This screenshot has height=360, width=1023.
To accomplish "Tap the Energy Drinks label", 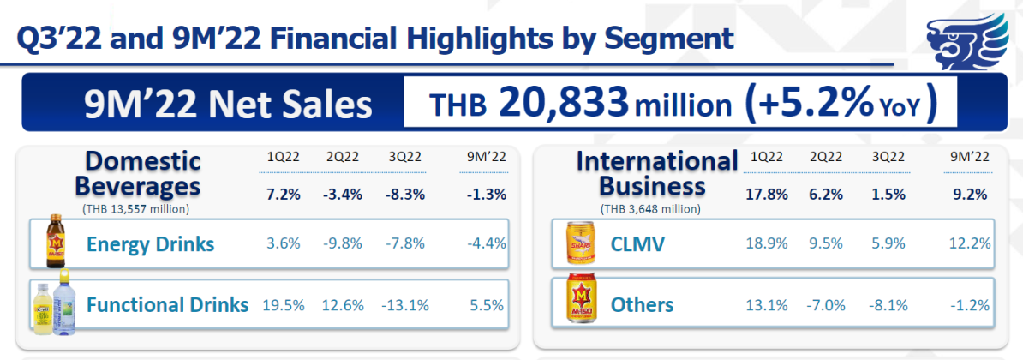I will tap(150, 245).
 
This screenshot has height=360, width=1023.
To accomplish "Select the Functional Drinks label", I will tap(167, 304).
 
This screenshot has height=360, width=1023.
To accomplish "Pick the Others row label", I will tap(642, 305).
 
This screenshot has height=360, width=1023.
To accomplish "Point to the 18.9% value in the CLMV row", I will tap(769, 244).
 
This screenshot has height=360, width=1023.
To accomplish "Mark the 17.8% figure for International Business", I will tap(769, 195).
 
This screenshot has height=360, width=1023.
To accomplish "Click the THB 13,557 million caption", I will tap(136, 208).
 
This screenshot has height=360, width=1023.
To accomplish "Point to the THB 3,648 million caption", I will tap(650, 208).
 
